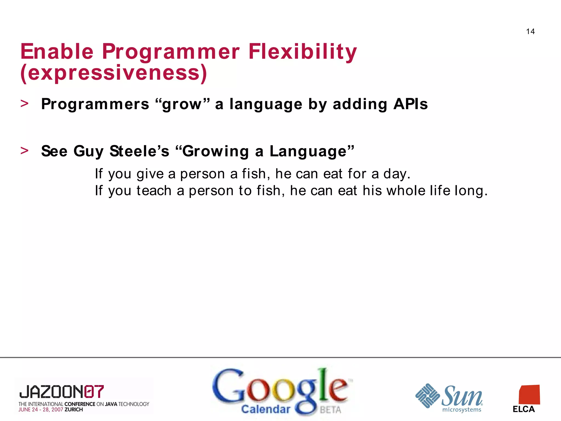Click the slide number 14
point(530,32)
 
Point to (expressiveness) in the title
point(114,73)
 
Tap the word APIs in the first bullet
point(410,104)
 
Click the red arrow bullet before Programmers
point(24,104)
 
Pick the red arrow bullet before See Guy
point(24,150)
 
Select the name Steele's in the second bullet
point(139,151)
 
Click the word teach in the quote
point(154,190)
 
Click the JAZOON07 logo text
point(62,392)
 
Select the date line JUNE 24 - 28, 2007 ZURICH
point(51,410)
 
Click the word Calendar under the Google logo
point(265,409)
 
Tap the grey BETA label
point(331,410)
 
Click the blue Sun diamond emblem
point(427,396)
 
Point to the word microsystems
point(462,410)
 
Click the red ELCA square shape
point(529,395)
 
